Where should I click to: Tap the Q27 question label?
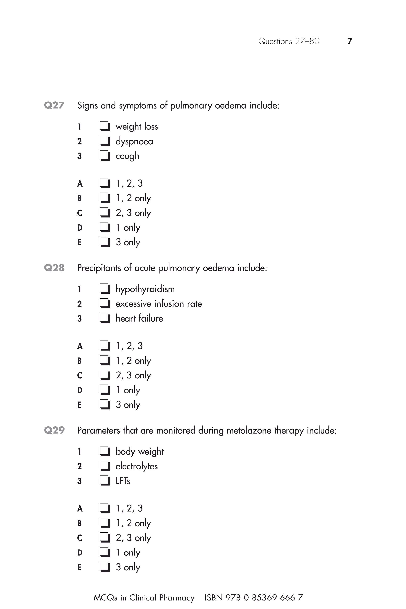pyautogui.click(x=54, y=105)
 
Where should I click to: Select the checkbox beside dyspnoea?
pyautogui.click(x=105, y=141)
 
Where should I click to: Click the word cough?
pyautogui.click(x=127, y=156)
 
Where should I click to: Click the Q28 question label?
pyautogui.click(x=54, y=268)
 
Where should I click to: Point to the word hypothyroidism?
pyautogui.click(x=145, y=289)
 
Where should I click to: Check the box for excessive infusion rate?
pyautogui.click(x=105, y=304)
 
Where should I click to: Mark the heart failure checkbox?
pyautogui.click(x=105, y=318)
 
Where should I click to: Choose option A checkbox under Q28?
pyautogui.click(x=105, y=346)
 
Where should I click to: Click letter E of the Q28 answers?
pyautogui.click(x=79, y=405)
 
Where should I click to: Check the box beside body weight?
pyautogui.click(x=105, y=452)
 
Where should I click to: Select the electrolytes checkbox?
pyautogui.click(x=105, y=466)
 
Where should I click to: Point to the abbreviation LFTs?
pyautogui.click(x=123, y=481)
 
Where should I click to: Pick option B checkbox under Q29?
pyautogui.click(x=105, y=523)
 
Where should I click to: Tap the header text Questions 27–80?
pyautogui.click(x=289, y=41)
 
